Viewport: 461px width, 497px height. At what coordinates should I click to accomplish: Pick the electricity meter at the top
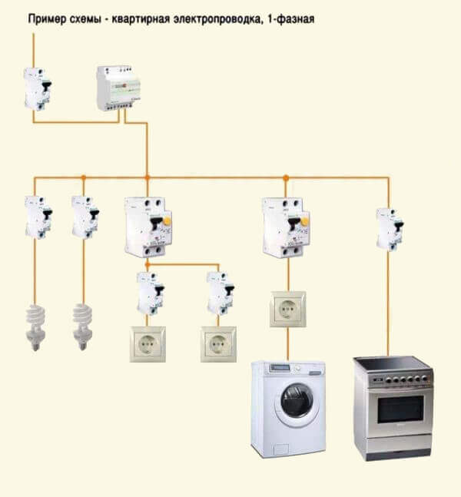(121, 87)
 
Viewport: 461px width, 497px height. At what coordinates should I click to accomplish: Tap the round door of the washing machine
(297, 404)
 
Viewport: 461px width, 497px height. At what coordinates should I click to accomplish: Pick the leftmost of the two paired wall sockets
(148, 343)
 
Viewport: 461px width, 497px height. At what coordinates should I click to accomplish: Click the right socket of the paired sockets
(217, 343)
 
